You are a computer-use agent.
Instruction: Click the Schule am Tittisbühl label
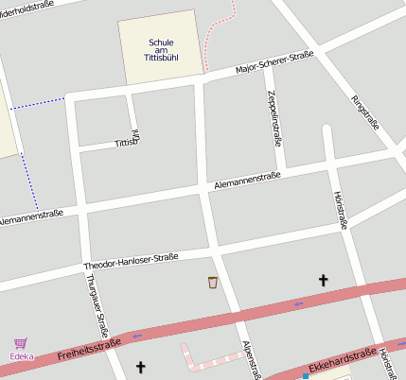coord(161,50)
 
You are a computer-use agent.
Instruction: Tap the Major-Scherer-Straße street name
coord(274,63)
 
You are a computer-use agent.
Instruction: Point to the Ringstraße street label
coord(364,113)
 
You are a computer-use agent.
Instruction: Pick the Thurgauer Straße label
coord(94,300)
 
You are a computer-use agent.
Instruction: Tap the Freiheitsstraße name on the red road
coord(88,350)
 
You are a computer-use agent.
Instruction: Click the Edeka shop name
coord(21,356)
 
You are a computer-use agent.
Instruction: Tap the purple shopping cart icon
coord(21,344)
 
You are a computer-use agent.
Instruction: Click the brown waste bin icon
coord(213,282)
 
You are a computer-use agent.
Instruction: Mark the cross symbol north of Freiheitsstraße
coord(323,280)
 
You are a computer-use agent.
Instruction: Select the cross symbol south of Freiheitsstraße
coord(141,367)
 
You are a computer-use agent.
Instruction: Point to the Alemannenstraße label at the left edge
coord(30,217)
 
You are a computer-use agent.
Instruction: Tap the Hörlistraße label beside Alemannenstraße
coord(341,210)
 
